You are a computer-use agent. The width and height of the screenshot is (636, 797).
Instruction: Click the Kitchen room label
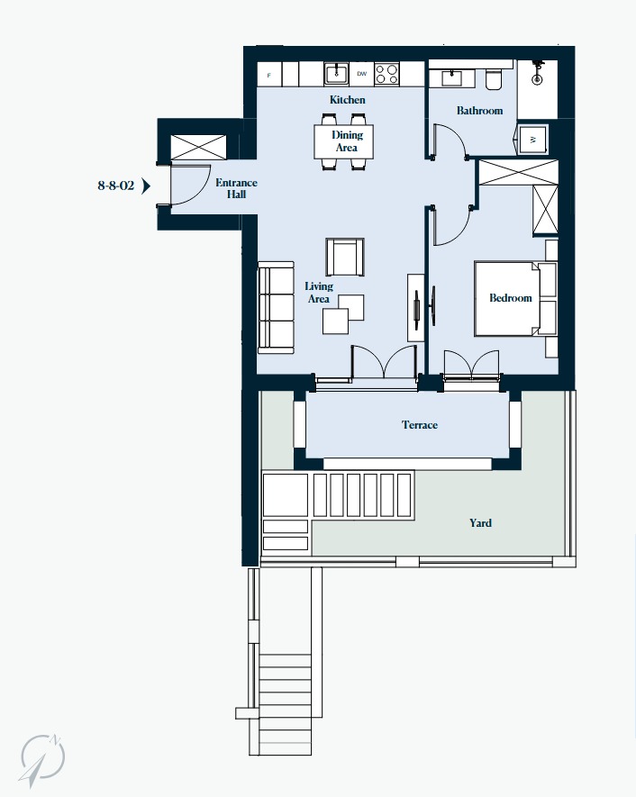point(347,100)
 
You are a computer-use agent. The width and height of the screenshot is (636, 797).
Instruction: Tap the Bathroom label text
point(479,110)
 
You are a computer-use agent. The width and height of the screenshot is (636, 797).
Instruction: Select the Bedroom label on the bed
point(511,298)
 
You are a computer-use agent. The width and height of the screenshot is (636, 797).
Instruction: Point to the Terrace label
point(420,425)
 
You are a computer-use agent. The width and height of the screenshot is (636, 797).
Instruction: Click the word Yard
point(480,523)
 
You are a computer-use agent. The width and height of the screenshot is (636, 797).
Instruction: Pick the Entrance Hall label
point(236,188)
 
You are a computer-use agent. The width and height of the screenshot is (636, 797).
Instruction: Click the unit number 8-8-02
point(116,186)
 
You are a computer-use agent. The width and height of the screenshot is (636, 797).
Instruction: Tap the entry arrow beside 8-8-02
point(146,186)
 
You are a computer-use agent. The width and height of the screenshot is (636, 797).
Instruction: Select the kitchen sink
point(337,74)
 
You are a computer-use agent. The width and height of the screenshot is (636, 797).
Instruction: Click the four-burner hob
point(386,74)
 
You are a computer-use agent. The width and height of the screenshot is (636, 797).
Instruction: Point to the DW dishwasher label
point(361,74)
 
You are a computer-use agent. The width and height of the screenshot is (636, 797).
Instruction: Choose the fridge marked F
point(269,75)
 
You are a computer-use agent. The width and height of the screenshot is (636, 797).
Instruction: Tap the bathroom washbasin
point(452,78)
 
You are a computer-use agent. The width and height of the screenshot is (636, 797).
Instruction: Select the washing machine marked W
point(532,140)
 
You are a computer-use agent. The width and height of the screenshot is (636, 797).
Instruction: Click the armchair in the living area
point(345,258)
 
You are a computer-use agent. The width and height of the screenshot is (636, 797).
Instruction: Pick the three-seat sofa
point(276,307)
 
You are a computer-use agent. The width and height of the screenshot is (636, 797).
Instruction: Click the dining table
point(343,141)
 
